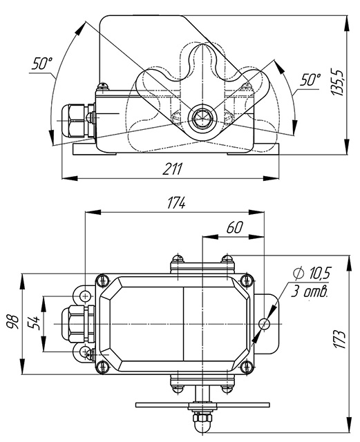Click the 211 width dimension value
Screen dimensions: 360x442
172,169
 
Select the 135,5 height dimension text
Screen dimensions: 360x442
337,81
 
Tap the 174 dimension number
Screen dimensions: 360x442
176,202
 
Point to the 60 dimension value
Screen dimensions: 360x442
234,227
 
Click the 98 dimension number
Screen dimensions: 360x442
13,322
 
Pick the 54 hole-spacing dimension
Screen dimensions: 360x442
34,323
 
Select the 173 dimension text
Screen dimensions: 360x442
339,338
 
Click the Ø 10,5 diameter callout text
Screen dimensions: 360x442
312,273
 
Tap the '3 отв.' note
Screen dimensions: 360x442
310,291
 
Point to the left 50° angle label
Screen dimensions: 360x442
42,64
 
